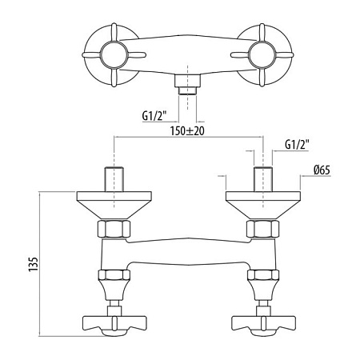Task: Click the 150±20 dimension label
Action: pyautogui.click(x=187, y=131)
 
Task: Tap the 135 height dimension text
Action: pyautogui.click(x=34, y=265)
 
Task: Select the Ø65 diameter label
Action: pyautogui.click(x=322, y=170)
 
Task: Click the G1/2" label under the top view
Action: pyautogui.click(x=154, y=116)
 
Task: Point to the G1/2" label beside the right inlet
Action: pyautogui.click(x=297, y=145)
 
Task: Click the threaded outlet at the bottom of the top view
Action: pyautogui.click(x=187, y=85)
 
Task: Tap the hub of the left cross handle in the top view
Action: pyautogui.click(x=114, y=54)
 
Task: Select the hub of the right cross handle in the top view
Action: pyautogui.click(x=262, y=54)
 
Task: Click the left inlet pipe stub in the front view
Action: pyautogui.click(x=114, y=179)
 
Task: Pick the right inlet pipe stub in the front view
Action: pyautogui.click(x=263, y=179)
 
